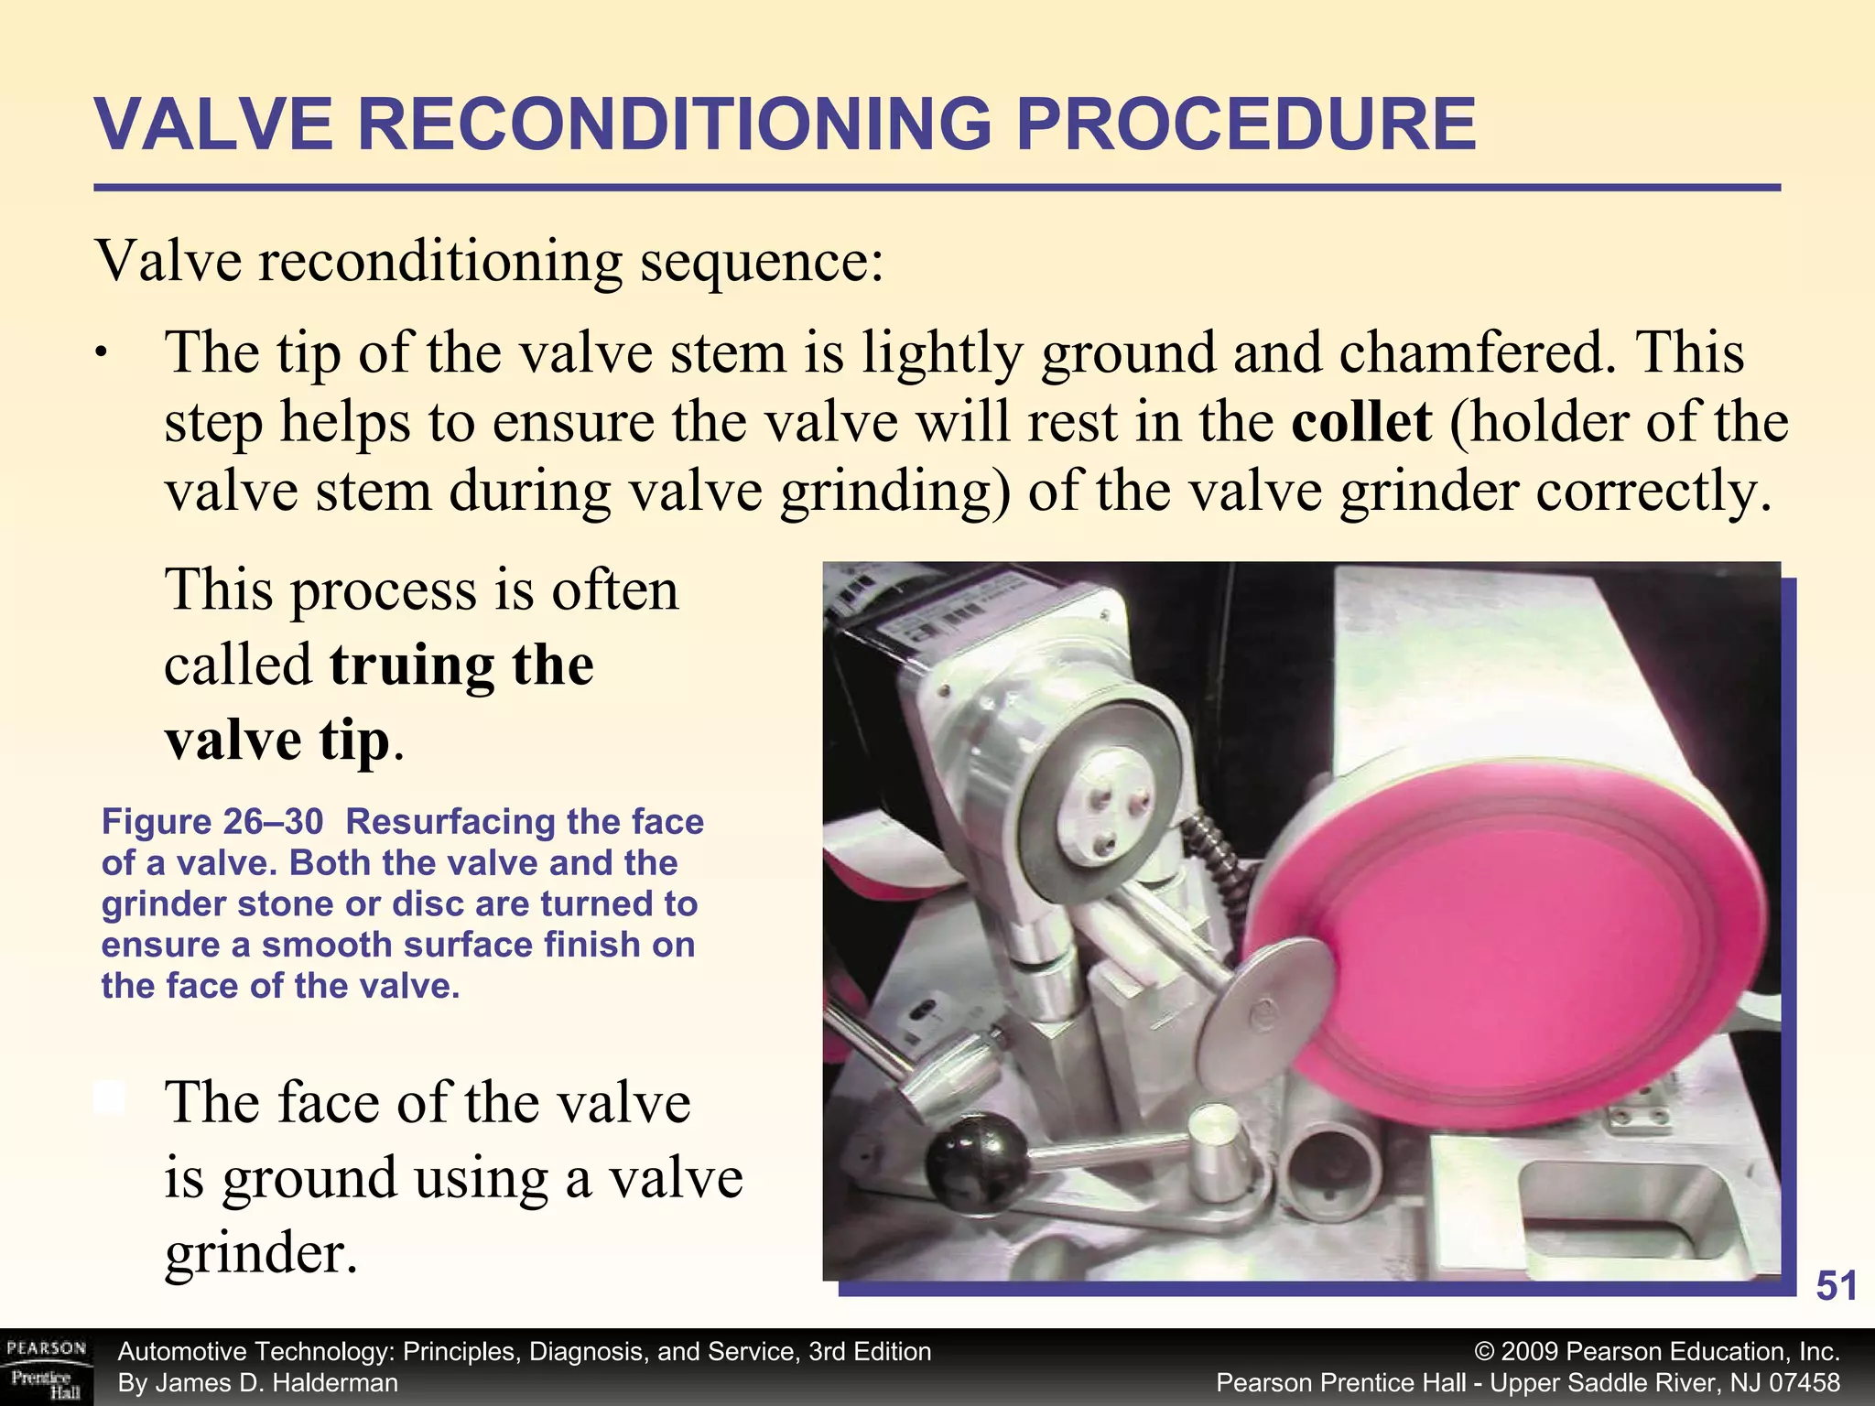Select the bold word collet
1361,422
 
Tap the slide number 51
1836,1286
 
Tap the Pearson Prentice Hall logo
46,1368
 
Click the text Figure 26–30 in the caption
211,822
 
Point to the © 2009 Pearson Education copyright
1657,1352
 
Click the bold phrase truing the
461,665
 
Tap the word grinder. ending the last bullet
261,1253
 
